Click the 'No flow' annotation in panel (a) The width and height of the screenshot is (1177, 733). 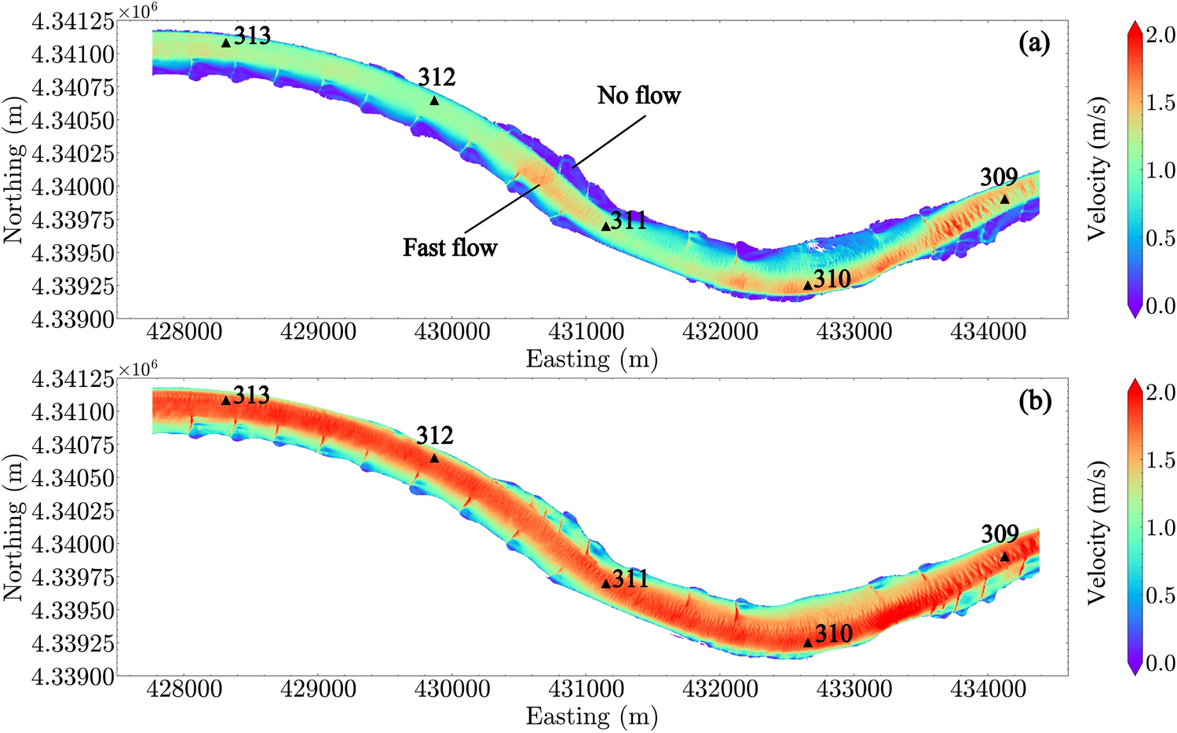click(638, 96)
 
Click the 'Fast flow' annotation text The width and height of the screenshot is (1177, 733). click(450, 248)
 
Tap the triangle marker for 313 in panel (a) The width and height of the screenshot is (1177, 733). click(226, 43)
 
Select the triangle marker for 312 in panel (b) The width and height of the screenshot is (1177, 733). click(434, 458)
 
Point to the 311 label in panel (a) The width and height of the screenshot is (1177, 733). click(629, 221)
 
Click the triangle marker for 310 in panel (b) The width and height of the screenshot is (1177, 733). click(808, 643)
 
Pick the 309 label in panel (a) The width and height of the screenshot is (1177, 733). click(999, 177)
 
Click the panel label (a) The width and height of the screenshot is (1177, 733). click(1033, 43)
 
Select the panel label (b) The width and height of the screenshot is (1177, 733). click(1033, 401)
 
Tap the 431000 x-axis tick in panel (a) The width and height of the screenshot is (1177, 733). click(587, 332)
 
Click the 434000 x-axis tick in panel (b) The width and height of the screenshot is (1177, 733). click(988, 689)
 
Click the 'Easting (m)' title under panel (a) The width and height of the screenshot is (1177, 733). click(591, 359)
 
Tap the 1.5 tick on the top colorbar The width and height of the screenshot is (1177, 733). click(1160, 103)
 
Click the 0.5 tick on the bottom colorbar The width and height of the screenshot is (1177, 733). click(1160, 596)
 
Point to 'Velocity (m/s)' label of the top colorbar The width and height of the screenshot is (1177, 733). click(1098, 169)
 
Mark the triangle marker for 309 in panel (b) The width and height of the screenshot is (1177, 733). click(1005, 557)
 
